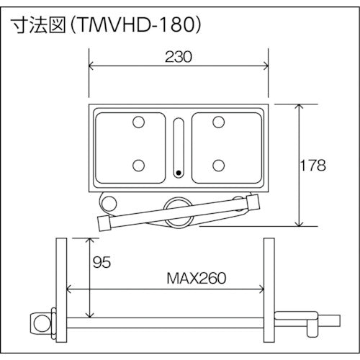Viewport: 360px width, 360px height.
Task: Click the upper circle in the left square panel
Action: coord(138,123)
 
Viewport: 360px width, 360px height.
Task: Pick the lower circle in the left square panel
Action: coord(138,165)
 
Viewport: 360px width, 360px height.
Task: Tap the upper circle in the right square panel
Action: coord(217,123)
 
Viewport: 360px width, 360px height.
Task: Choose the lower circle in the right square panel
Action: coord(217,165)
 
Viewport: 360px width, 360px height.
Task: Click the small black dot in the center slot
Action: coord(179,173)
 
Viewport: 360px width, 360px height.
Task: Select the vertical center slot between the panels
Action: coord(179,148)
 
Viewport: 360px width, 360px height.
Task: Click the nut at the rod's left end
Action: coord(37,318)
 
